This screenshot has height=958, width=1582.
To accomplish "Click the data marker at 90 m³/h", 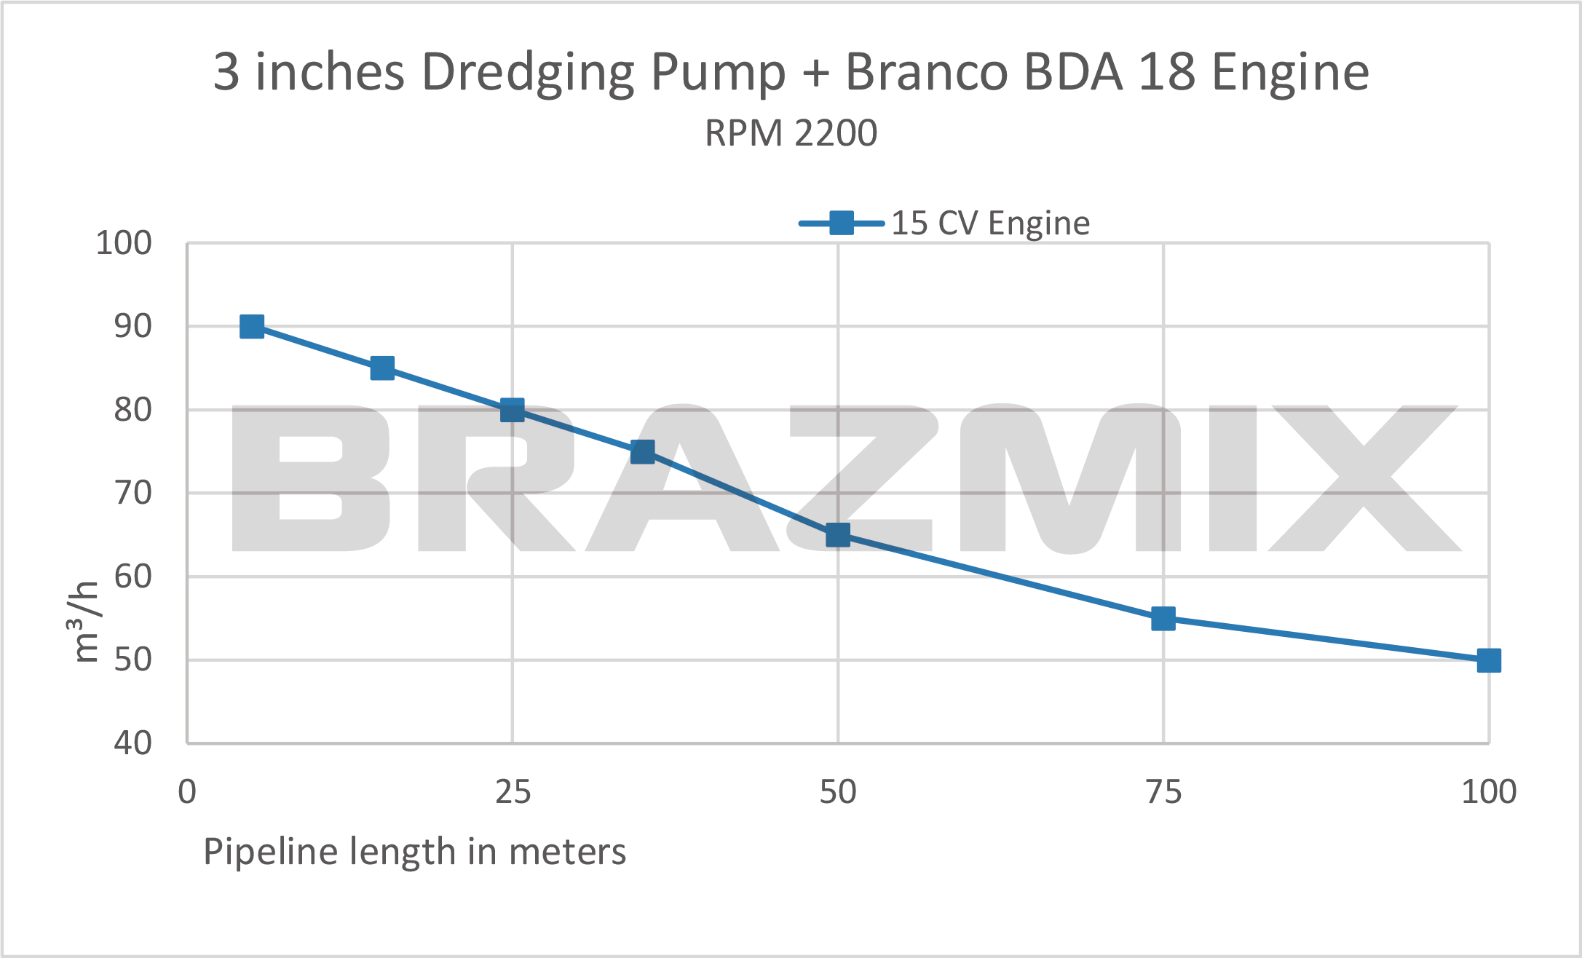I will pyautogui.click(x=252, y=327).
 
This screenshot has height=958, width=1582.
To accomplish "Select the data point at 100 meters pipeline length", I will pyautogui.click(x=1489, y=660).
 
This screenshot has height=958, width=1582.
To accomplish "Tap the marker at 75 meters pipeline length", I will pyautogui.click(x=1163, y=619).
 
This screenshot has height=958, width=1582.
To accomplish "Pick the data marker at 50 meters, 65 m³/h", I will pyautogui.click(x=838, y=535).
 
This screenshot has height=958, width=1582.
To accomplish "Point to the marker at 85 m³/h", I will pyautogui.click(x=382, y=368).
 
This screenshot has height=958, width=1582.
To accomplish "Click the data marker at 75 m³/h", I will pyautogui.click(x=642, y=451).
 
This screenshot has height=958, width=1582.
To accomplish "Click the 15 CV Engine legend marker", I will pyautogui.click(x=841, y=223).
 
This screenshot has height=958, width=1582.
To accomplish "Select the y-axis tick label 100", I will pyautogui.click(x=124, y=243).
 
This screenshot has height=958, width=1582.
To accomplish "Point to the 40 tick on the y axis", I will pyautogui.click(x=133, y=743).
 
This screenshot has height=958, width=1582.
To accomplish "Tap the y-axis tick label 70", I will pyautogui.click(x=133, y=494).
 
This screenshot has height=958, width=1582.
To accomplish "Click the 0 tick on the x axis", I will pyautogui.click(x=187, y=792).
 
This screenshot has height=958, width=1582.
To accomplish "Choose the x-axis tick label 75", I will pyautogui.click(x=1163, y=792).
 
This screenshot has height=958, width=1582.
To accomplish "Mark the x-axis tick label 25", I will pyautogui.click(x=513, y=792).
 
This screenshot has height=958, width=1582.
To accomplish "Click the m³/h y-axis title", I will pyautogui.click(x=86, y=622).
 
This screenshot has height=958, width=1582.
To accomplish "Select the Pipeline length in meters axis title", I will pyautogui.click(x=414, y=852).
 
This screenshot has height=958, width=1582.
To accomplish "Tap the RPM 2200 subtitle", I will pyautogui.click(x=791, y=133).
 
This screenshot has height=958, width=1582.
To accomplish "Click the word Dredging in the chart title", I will pyautogui.click(x=529, y=73).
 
